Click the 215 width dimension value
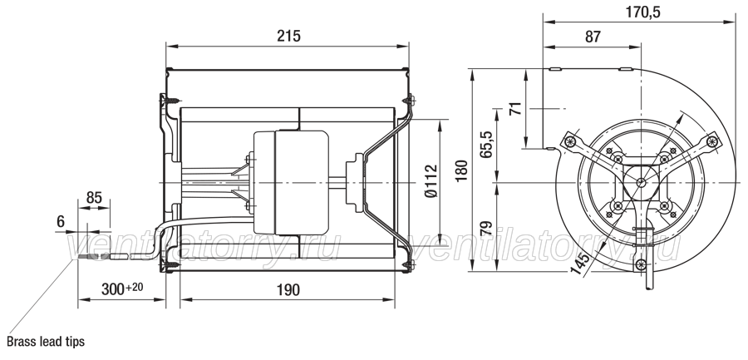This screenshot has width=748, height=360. [288, 37]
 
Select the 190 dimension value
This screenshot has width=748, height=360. [288, 290]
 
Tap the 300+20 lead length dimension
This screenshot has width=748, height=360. [122, 288]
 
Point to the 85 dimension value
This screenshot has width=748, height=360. [95, 197]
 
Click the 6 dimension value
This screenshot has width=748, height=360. [61, 221]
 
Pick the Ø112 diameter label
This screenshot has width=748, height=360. [431, 181]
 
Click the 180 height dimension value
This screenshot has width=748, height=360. [461, 170]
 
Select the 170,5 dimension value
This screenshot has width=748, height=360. [642, 12]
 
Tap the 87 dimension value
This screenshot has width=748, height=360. [593, 37]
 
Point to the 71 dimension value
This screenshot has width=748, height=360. [515, 109]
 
